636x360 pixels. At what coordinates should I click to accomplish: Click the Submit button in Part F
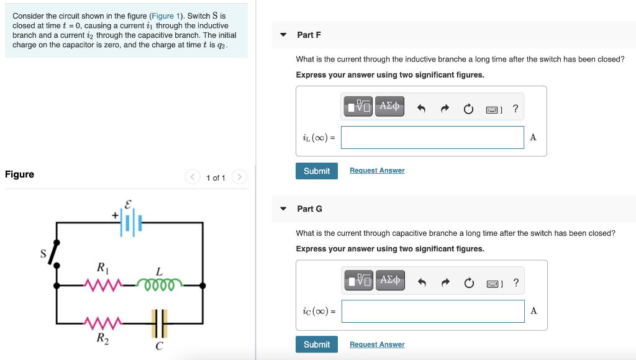317,171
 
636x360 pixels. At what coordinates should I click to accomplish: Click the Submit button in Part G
317,344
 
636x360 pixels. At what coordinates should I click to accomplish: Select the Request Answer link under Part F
377,171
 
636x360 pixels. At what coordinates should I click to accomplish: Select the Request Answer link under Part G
377,344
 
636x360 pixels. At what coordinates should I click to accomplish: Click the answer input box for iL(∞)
432,138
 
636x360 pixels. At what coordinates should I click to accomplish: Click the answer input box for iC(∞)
432,311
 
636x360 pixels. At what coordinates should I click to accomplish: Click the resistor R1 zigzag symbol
102,286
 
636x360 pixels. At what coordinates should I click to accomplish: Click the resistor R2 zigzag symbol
102,323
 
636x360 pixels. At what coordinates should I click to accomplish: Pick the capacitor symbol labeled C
160,323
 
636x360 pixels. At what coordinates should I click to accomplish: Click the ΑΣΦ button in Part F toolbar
389,107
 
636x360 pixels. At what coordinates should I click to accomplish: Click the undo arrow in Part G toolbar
421,283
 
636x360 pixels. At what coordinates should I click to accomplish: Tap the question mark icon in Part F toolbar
516,109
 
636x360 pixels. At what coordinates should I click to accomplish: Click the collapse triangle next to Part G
284,209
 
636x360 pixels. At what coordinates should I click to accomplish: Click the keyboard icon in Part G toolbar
493,284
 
